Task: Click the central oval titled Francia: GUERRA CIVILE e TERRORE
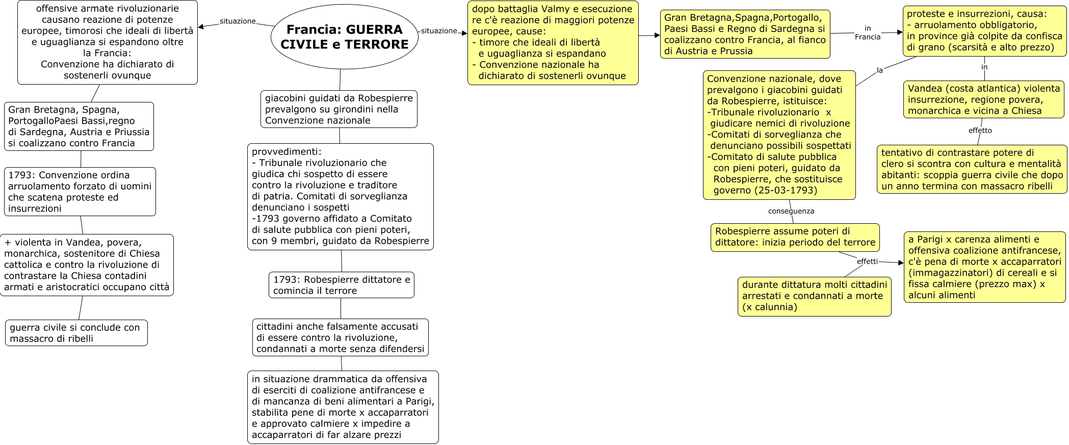[344, 37]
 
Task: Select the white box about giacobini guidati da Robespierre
[339, 109]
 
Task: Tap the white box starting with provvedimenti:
[341, 197]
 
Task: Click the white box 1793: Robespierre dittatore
[342, 285]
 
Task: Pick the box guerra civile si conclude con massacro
[76, 333]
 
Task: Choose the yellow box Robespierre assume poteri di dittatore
[795, 237]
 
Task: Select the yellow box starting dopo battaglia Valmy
[553, 43]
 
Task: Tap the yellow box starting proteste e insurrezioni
[984, 31]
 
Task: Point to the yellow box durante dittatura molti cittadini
[814, 296]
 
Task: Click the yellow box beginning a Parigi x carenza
[984, 267]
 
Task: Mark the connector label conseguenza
[791, 211]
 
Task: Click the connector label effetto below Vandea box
[980, 130]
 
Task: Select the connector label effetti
[867, 261]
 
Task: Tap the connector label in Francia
[868, 33]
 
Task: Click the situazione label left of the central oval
[237, 21]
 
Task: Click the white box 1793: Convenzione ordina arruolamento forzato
[80, 192]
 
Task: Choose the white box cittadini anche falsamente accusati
[340, 337]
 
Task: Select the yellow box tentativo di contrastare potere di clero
[972, 169]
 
